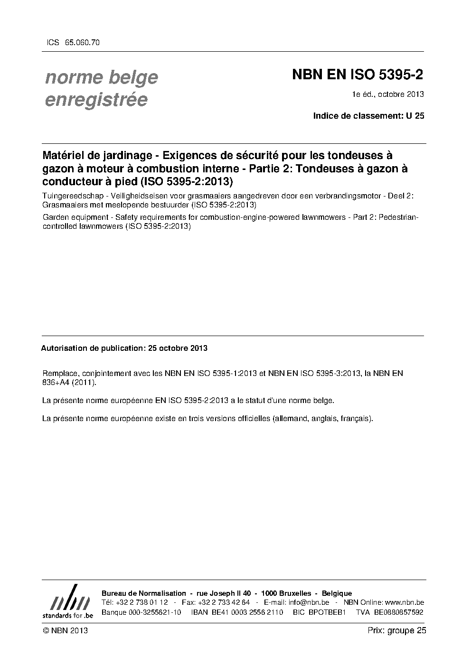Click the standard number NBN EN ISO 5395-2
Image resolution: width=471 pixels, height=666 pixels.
pos(358,75)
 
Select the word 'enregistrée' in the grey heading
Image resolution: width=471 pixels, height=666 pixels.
pos(96,100)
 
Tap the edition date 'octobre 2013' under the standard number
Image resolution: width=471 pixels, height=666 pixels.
pos(403,94)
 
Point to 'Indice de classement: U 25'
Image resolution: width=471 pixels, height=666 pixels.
pos(368,115)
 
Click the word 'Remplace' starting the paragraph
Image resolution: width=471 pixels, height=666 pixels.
pos(59,373)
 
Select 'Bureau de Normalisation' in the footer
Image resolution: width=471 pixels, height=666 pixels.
pos(144,593)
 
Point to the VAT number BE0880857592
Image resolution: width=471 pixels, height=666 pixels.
pos(398,612)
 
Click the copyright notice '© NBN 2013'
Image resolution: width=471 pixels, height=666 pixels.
pos(65,630)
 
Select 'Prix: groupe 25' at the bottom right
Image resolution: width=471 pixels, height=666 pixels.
pos(397,630)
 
